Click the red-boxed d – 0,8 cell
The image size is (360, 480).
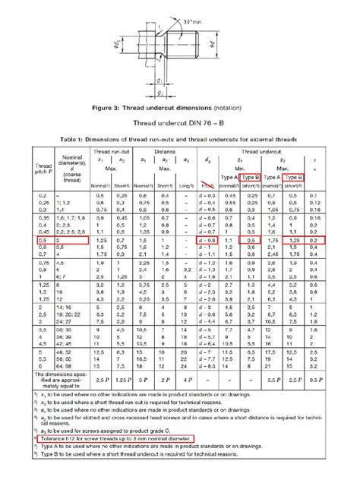(207, 239)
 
